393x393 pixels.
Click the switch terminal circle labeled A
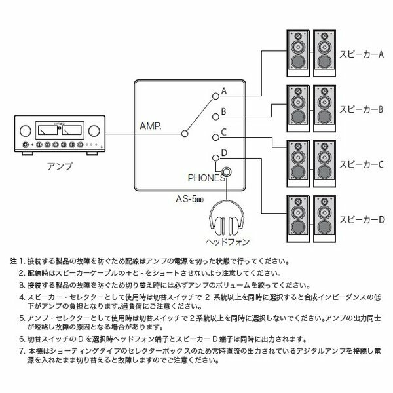(215, 96)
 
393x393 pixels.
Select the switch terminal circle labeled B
(215, 117)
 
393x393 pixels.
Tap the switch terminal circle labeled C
(215, 138)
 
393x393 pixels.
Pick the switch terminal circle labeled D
(215, 158)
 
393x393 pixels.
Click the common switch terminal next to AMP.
(185, 134)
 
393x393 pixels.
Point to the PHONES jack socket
(227, 172)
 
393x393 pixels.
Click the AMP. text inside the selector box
(151, 126)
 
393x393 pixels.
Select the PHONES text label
(206, 178)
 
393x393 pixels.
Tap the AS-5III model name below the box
(190, 199)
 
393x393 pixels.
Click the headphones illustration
(227, 217)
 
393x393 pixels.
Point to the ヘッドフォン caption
(227, 242)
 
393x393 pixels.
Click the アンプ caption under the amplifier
(60, 166)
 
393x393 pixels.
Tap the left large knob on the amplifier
(26, 131)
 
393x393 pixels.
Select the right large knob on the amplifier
(94, 131)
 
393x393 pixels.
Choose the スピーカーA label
(362, 54)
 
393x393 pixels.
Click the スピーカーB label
(362, 109)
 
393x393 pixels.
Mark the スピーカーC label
(362, 164)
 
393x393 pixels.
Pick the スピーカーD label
(362, 219)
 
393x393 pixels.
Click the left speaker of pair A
(298, 54)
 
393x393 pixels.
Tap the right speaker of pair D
(325, 219)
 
